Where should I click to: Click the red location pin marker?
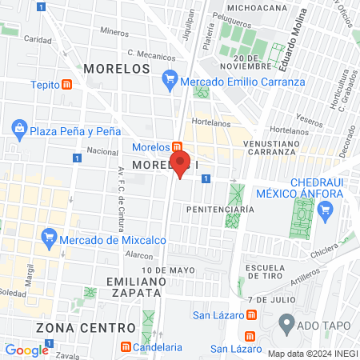tap(181, 163)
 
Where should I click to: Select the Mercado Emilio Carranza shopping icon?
tap(169, 80)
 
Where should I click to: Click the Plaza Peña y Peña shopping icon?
tap(19, 128)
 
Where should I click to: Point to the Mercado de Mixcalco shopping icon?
tap(49, 236)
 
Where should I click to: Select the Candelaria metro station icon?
tap(126, 348)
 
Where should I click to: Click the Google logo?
tap(26, 350)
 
